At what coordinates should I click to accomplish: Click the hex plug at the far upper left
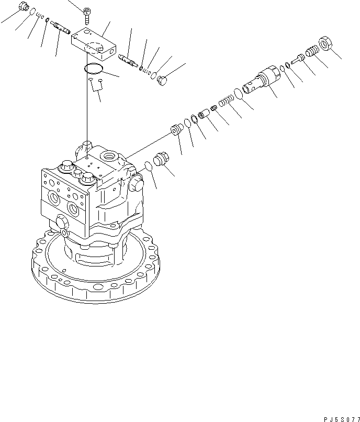tap(22, 7)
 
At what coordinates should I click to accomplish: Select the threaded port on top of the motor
tap(111, 155)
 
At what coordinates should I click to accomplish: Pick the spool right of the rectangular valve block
tap(128, 60)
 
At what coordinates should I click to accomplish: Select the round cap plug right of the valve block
tap(163, 80)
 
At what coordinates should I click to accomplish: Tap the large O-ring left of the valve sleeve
tap(238, 93)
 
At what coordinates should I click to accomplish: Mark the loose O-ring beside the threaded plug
tap(148, 166)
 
